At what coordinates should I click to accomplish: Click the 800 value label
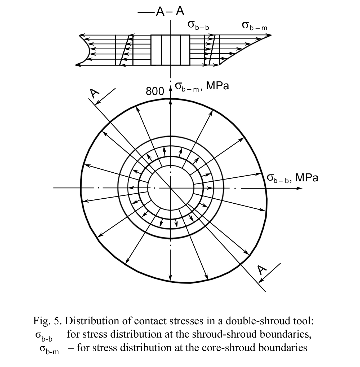[x=155, y=91]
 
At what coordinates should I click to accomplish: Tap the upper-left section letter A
[x=95, y=93]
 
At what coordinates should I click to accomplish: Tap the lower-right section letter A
[x=262, y=270]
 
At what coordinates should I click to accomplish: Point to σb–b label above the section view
[x=198, y=26]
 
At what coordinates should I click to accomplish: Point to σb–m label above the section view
[x=254, y=26]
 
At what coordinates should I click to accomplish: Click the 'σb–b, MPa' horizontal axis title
[x=292, y=178]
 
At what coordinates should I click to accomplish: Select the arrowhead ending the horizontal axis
[x=299, y=188]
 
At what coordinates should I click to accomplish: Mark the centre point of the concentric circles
[x=171, y=188]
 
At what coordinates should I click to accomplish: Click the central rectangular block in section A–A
[x=171, y=50]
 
